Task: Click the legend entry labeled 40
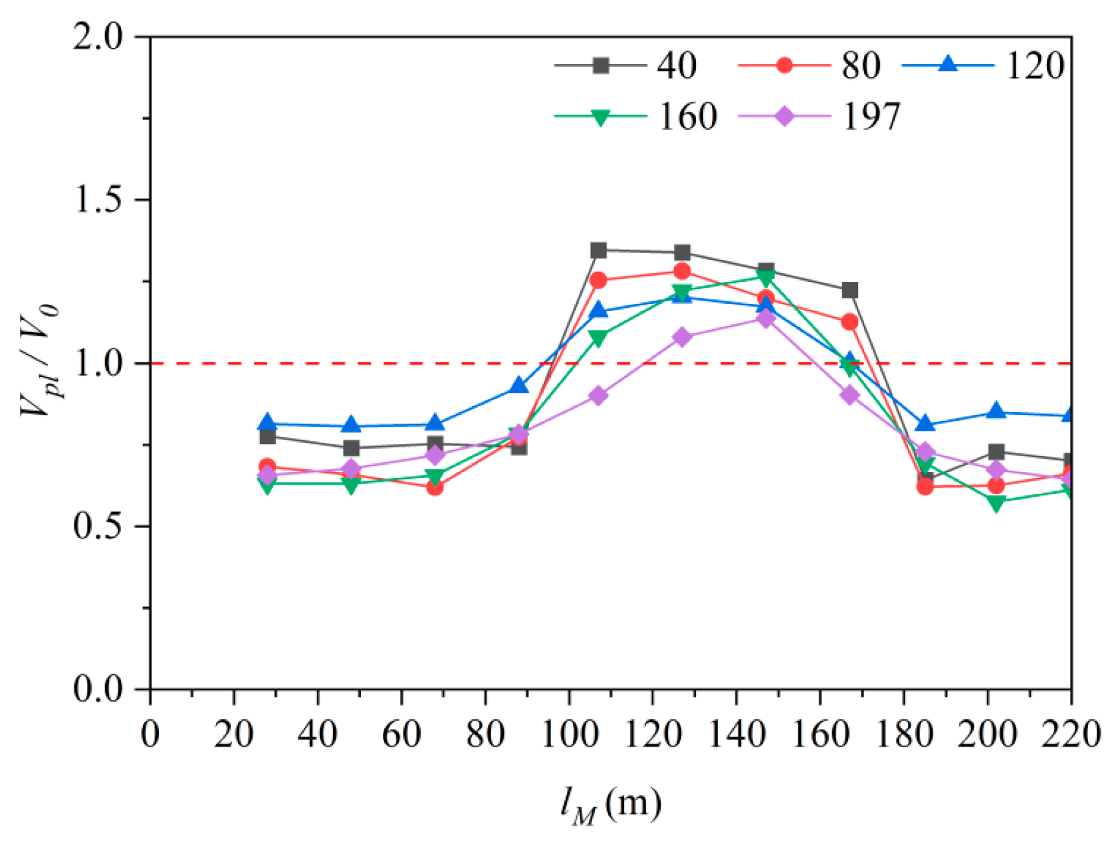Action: (x=625, y=66)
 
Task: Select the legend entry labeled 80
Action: (x=809, y=66)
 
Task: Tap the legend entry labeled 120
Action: (x=983, y=66)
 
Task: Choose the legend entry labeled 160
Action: (x=636, y=116)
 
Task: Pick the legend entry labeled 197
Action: (x=819, y=116)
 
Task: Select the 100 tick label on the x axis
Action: (x=570, y=734)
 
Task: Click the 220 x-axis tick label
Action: (x=1071, y=734)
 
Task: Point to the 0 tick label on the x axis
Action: (x=150, y=734)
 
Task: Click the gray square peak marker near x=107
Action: (x=598, y=250)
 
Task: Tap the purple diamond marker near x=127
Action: (x=682, y=337)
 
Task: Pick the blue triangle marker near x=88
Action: (x=518, y=386)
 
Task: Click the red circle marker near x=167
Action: (x=849, y=322)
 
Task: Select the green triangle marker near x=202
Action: (x=996, y=503)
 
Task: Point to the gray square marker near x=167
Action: (x=849, y=291)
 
